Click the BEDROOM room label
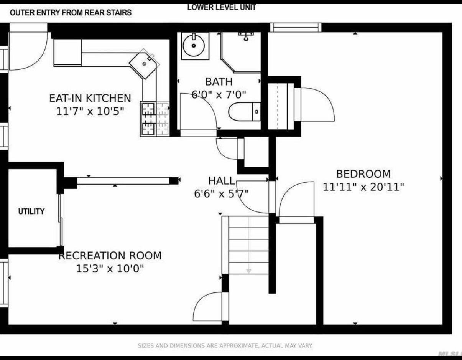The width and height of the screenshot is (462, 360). click(363, 174)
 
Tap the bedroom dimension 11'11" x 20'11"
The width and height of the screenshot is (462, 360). click(363, 188)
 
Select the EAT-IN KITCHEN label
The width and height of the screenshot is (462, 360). click(90, 98)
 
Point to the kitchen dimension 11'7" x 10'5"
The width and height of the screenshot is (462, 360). click(90, 112)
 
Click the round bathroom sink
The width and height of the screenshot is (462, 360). click(194, 46)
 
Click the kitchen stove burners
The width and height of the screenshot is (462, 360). click(155, 119)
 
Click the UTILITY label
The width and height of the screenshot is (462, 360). click(31, 211)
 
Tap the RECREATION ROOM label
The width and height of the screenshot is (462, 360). click(110, 256)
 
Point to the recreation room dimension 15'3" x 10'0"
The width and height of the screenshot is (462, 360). click(110, 269)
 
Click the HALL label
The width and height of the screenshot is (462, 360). click(221, 181)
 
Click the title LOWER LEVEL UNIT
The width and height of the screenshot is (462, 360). click(222, 7)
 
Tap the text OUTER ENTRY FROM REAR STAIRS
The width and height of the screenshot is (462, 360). click(71, 13)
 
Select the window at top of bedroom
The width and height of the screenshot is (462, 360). click(295, 28)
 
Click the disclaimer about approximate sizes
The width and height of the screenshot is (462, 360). click(225, 346)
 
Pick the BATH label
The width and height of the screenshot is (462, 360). click(219, 82)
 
